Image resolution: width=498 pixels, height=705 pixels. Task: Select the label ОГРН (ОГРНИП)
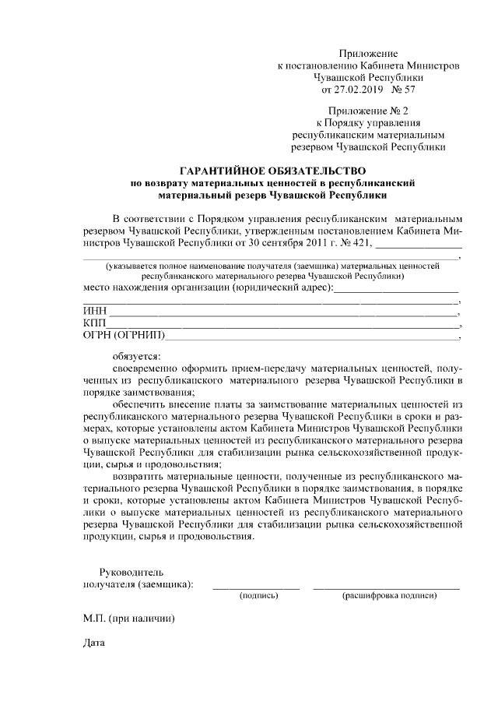[x=124, y=336]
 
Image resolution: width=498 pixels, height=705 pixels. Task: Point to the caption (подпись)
[x=258, y=595]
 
